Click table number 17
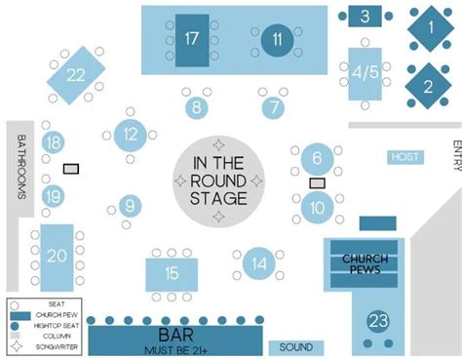(191, 40)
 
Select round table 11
(278, 40)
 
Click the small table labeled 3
(366, 16)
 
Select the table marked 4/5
(366, 72)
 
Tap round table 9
(128, 207)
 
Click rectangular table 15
(172, 273)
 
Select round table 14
(258, 262)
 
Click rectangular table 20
(58, 256)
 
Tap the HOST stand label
(404, 157)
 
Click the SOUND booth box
(296, 347)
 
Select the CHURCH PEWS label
(366, 263)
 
